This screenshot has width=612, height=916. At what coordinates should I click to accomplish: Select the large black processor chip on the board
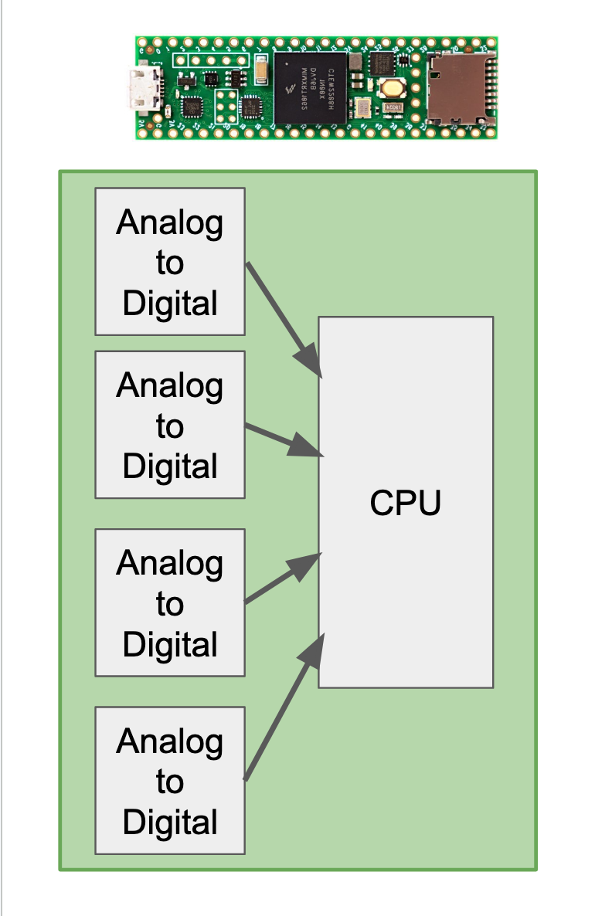click(x=310, y=87)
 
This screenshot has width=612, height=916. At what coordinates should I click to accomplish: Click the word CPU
click(x=406, y=504)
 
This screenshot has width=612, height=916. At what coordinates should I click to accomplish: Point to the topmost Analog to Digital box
click(x=170, y=262)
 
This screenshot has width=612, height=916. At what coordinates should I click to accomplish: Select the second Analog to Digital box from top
click(x=170, y=425)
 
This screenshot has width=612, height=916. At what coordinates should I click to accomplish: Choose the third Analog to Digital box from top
click(x=170, y=602)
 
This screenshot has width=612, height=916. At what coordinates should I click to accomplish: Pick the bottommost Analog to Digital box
click(x=170, y=780)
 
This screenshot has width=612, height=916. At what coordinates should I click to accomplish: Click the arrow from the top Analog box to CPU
click(x=283, y=320)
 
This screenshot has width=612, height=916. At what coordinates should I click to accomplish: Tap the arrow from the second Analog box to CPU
click(x=283, y=440)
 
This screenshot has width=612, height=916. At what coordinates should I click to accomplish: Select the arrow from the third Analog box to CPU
click(x=283, y=578)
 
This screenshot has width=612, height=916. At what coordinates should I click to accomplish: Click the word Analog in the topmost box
click(x=170, y=223)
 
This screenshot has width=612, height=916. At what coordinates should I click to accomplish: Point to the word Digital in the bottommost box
click(x=170, y=821)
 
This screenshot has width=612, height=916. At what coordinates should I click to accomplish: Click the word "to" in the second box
click(x=170, y=426)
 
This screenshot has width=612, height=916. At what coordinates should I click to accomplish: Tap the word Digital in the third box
click(x=170, y=643)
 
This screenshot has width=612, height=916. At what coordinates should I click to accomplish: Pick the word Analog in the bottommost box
click(x=170, y=741)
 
